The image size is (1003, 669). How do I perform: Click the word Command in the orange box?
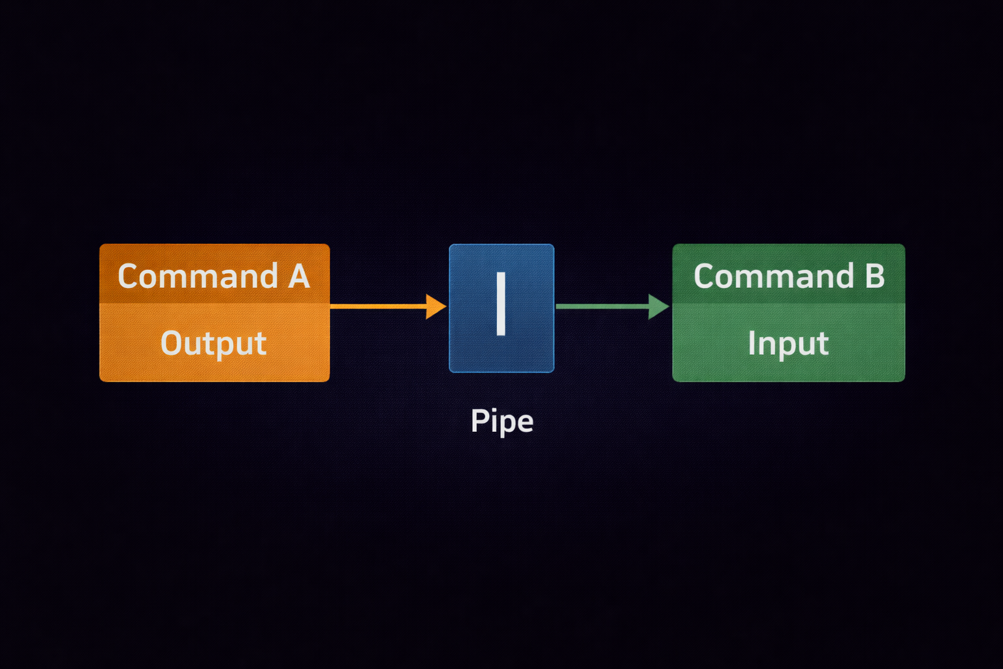point(198,276)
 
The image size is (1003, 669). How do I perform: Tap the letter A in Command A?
point(299,276)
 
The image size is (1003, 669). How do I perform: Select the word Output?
point(214,343)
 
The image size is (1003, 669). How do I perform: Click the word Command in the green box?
point(774,276)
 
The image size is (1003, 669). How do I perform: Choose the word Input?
point(788,343)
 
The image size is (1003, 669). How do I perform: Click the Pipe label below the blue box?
point(501,421)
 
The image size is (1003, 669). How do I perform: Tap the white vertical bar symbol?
point(501,304)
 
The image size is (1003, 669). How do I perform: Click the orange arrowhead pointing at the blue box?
point(436,306)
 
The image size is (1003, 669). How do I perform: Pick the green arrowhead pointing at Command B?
point(658,306)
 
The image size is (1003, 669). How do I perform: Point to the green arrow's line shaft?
point(601,306)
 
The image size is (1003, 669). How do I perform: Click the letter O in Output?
point(171,343)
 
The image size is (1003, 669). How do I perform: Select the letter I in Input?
point(752,342)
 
